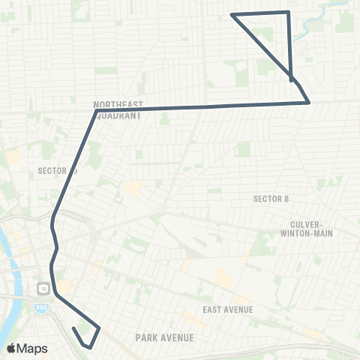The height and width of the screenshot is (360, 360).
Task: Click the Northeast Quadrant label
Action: (118, 110)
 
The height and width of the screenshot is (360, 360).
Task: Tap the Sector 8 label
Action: (271, 199)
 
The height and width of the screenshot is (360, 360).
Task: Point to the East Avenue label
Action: (227, 310)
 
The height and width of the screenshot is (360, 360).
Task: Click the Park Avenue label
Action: (164, 338)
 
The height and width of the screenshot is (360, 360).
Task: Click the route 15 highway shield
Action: (41, 288)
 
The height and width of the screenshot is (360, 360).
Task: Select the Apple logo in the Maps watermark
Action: (11, 348)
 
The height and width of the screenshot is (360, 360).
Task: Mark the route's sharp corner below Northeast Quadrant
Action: (97, 111)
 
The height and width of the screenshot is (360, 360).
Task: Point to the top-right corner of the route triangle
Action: (288, 12)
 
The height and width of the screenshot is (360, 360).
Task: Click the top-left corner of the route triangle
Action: (231, 15)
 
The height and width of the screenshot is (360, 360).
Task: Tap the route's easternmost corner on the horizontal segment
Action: (310, 103)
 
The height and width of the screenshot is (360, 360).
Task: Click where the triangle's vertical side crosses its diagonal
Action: (291, 76)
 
